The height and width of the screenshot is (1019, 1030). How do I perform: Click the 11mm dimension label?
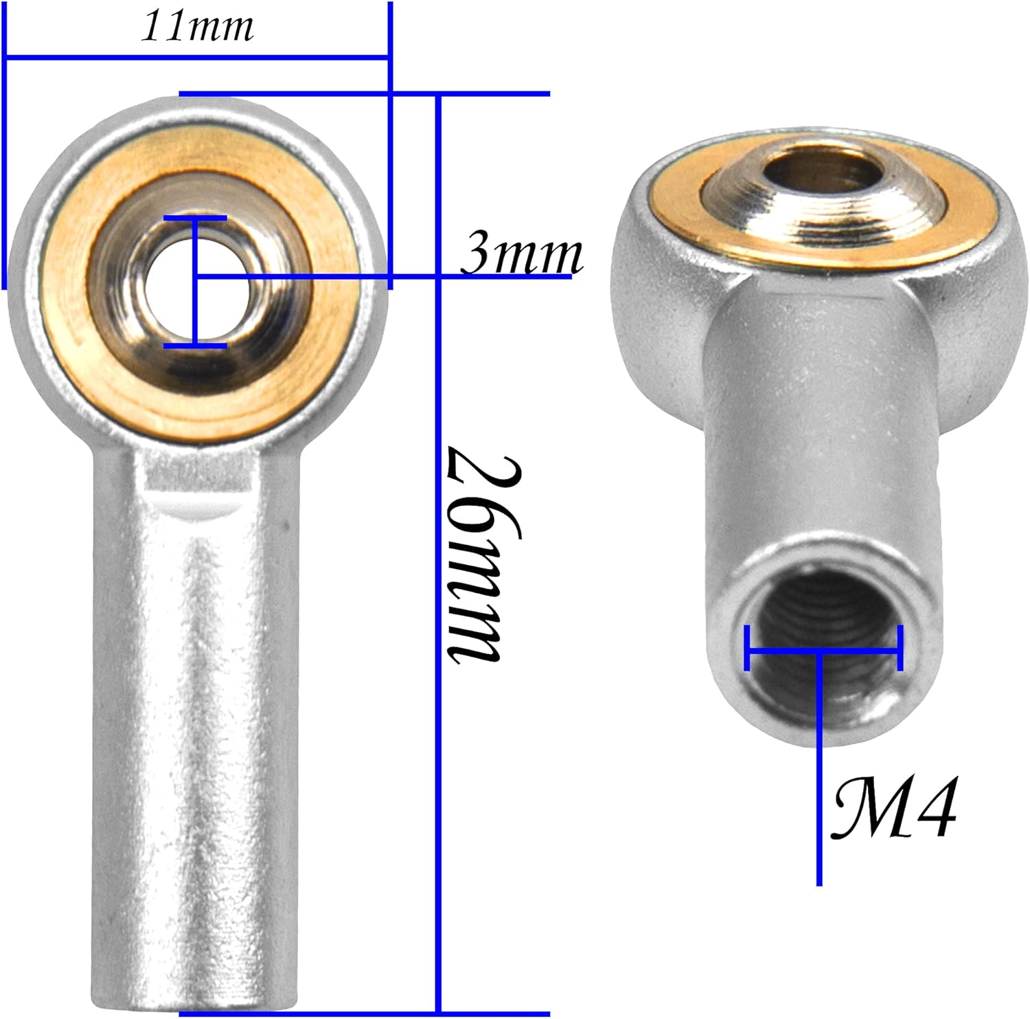tap(197, 27)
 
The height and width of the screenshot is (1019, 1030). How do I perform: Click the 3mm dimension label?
tap(521, 254)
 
